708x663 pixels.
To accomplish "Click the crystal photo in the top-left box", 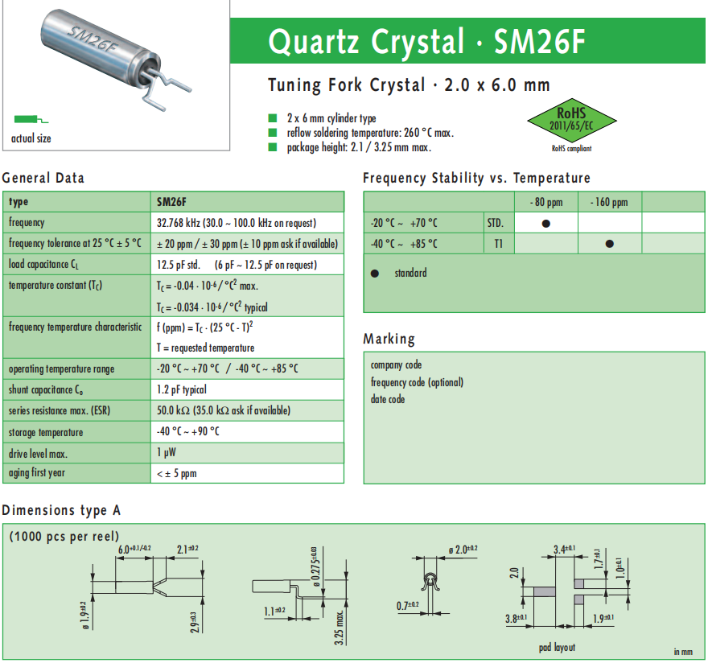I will coord(112,56).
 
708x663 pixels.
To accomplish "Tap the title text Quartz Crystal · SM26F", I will coord(426,42).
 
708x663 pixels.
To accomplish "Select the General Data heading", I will coord(43,178).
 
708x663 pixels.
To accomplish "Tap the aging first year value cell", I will coord(177,473).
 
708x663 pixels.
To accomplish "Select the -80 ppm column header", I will coord(546,202).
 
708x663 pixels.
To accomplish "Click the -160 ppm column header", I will coord(609,202).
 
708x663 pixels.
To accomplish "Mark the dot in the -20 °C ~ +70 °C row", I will coord(546,223).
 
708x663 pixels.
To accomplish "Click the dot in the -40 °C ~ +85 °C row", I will coord(610,244).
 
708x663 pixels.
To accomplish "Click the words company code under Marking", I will coord(396,365).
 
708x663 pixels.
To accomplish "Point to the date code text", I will coord(388,400).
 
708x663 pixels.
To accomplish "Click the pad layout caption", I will coord(557,648).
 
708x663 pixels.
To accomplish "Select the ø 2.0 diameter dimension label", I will coord(462,549).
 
